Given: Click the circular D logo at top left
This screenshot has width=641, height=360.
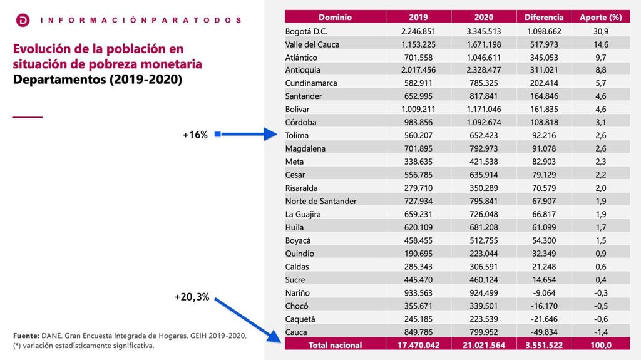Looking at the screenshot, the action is (23, 20).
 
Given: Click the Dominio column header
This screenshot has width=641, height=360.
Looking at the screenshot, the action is (336, 17).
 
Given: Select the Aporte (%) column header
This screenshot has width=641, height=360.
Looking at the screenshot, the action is (600, 17).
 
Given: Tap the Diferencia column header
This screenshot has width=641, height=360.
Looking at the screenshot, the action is (544, 17).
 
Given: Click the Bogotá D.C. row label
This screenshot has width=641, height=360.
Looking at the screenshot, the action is (306, 31).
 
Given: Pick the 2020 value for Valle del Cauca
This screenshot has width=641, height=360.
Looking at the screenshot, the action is (484, 44).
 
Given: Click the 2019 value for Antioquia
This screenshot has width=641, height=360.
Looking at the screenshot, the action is (418, 70).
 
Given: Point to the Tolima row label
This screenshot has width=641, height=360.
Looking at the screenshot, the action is (297, 135).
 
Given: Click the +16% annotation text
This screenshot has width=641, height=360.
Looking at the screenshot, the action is (195, 135).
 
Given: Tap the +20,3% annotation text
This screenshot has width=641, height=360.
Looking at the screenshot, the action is (192, 297).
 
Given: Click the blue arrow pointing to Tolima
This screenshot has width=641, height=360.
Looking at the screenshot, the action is (246, 134).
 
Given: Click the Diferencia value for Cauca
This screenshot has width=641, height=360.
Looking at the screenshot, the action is (544, 332).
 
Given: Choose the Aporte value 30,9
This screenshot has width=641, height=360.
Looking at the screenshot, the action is (600, 31).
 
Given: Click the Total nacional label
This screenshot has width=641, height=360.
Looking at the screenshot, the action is (336, 345).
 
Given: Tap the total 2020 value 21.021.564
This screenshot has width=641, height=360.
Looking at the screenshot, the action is (484, 345).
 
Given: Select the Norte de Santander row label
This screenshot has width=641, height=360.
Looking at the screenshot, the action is (321, 201).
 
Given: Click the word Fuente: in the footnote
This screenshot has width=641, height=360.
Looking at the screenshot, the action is (26, 336).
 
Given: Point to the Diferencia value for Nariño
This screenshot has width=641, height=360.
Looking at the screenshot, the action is (544, 293).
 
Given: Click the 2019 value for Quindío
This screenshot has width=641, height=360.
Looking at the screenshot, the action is (418, 254).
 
